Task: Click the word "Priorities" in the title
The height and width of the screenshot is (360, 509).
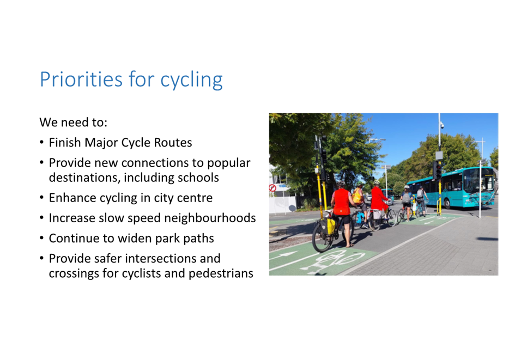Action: (x=81, y=79)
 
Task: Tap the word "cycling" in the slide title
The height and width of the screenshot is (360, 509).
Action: (x=191, y=81)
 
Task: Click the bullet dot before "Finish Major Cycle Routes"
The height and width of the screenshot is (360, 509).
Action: (x=41, y=142)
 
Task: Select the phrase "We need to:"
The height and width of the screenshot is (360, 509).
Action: (x=74, y=123)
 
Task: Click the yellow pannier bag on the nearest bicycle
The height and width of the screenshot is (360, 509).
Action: (x=330, y=225)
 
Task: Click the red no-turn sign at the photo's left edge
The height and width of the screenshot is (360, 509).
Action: (x=272, y=188)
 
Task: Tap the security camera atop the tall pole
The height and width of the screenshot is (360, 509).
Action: (x=441, y=125)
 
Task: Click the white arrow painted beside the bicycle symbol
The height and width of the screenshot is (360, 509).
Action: (x=284, y=255)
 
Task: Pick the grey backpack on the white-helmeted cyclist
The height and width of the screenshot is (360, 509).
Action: (x=406, y=198)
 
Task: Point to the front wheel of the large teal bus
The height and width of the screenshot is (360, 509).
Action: (x=447, y=204)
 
